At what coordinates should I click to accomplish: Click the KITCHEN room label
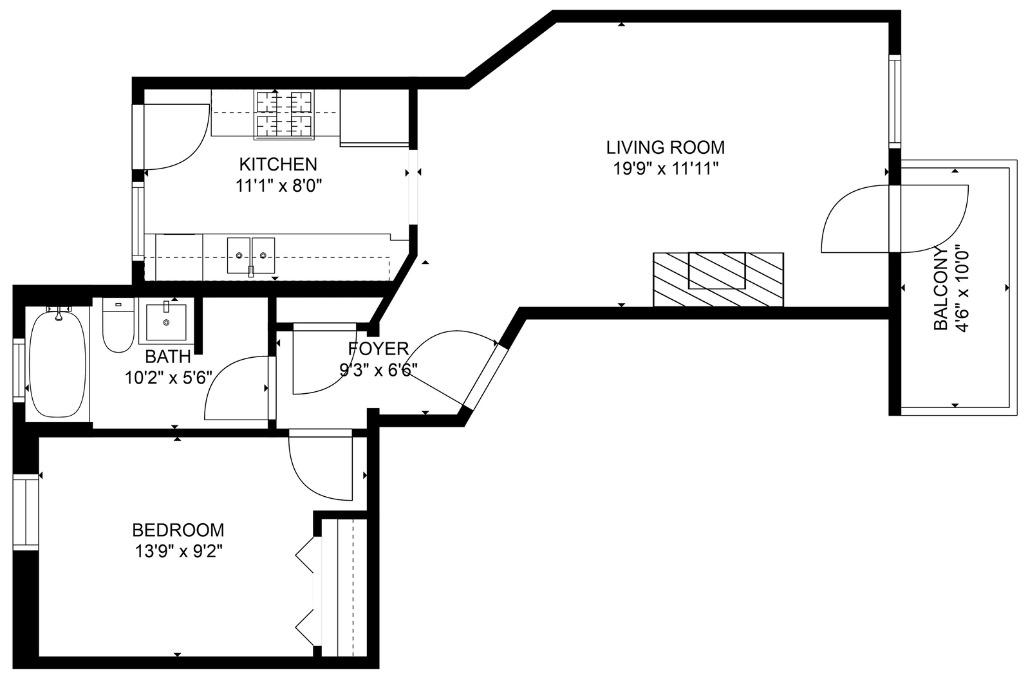(x=278, y=163)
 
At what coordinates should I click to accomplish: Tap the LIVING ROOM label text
(x=666, y=147)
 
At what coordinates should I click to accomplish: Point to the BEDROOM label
(x=178, y=530)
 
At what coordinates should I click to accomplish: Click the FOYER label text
(x=378, y=349)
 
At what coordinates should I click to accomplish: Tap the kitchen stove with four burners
(x=285, y=115)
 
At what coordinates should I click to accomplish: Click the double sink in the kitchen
(x=251, y=255)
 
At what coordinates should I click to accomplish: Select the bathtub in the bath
(x=57, y=364)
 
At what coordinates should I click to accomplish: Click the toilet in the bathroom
(x=118, y=325)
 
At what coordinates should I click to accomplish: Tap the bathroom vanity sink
(x=166, y=322)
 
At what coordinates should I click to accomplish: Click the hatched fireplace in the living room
(x=718, y=279)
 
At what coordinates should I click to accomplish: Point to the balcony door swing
(x=895, y=219)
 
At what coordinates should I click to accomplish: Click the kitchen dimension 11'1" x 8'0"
(x=278, y=186)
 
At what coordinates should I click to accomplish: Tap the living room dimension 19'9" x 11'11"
(x=666, y=169)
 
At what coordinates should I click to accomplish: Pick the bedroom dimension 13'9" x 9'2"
(x=178, y=551)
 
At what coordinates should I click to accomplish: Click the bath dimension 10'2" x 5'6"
(x=168, y=378)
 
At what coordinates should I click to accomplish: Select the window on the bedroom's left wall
(x=26, y=512)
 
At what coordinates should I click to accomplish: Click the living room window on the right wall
(x=895, y=101)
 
